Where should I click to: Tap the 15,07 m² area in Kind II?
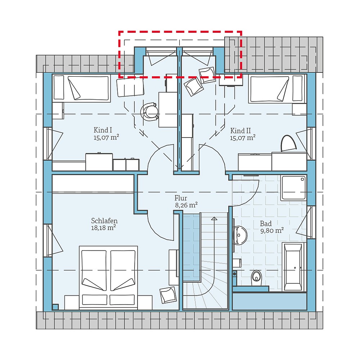243,137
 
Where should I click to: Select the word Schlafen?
104,221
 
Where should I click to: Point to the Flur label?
181,198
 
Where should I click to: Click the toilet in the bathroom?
256,276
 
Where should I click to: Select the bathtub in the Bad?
293,266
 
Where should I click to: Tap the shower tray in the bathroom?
293,188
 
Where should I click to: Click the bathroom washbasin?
240,235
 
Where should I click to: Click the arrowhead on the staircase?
214,218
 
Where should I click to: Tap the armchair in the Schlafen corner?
167,295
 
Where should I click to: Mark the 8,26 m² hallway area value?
186,205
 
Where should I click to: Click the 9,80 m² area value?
272,231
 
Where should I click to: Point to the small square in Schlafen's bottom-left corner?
55,307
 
